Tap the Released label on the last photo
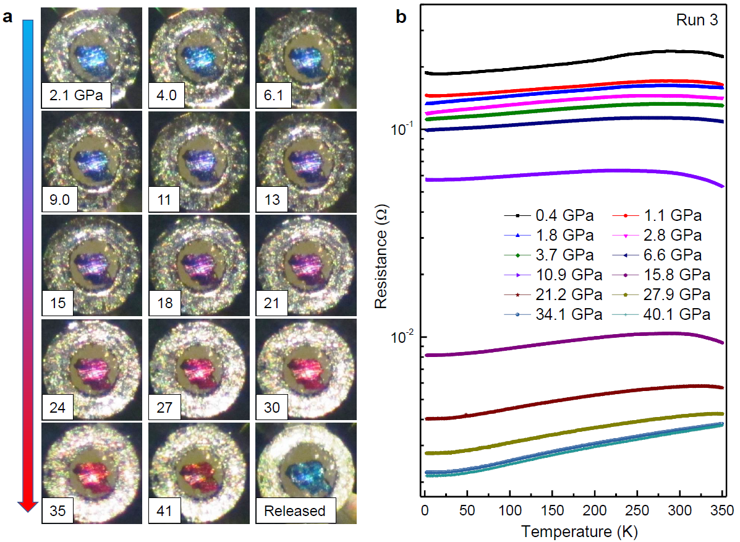[294, 511]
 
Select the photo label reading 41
[164, 511]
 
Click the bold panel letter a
[9, 17]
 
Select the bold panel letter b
[401, 17]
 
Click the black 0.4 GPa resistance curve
[556, 66]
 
